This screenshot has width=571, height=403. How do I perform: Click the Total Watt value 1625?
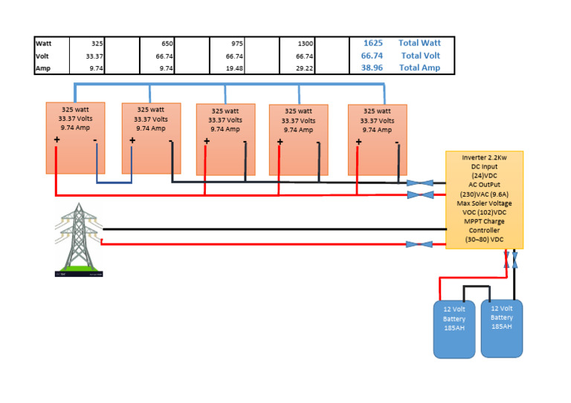click(x=372, y=43)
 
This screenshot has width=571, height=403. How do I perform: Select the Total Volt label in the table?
click(x=420, y=56)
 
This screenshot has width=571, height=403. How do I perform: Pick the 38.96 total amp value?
click(x=372, y=68)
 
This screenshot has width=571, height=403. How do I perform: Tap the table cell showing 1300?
click(x=303, y=44)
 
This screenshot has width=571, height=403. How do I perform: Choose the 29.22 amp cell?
click(x=303, y=68)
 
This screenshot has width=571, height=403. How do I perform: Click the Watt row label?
click(x=43, y=44)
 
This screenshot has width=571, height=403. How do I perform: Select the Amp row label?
click(x=42, y=68)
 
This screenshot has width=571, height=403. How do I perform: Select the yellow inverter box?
click(x=484, y=200)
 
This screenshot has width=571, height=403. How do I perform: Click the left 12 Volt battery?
click(x=454, y=328)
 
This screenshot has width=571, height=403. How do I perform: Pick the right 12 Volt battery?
click(x=501, y=327)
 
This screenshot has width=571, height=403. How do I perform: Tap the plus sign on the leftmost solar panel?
click(x=57, y=140)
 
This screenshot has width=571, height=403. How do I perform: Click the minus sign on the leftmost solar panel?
click(x=95, y=140)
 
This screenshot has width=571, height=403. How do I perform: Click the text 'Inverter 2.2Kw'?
click(x=484, y=158)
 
